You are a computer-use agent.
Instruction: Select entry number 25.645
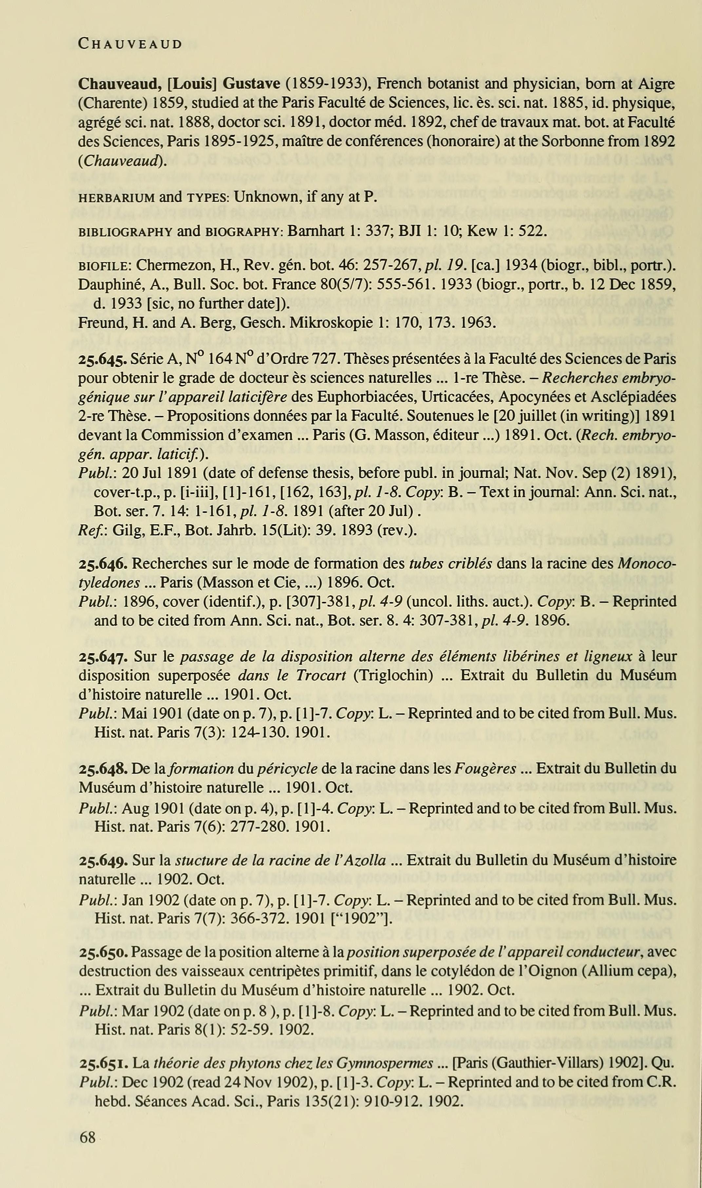102,359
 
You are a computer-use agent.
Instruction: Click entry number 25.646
102,564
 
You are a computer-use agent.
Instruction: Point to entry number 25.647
102,657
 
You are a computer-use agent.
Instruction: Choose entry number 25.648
102,769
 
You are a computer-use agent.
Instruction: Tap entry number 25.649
102,860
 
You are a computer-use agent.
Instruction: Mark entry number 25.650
102,952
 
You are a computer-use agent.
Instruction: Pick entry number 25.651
102,1063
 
